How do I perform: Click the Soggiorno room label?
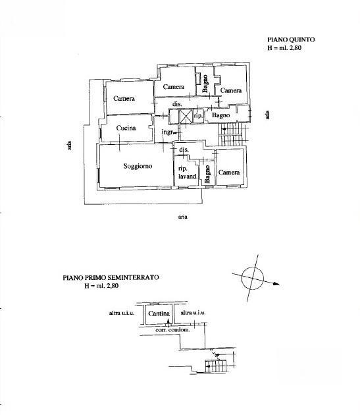point(138,166)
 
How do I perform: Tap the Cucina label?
point(126,128)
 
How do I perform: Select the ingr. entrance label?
point(167,132)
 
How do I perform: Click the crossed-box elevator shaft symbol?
point(186,117)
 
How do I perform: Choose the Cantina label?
point(159,314)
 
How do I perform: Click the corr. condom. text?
point(172,330)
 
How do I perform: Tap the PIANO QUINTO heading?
point(291,40)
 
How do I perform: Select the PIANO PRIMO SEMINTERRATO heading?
point(111,277)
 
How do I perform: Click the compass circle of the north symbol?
point(253,278)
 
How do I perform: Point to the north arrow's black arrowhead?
point(276,284)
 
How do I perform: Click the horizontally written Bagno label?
point(220,115)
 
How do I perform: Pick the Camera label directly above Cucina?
point(124,98)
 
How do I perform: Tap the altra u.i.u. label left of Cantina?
point(122,313)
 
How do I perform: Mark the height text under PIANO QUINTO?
point(284,48)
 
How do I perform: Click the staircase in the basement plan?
point(216,366)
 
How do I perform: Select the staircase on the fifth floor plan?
point(233,135)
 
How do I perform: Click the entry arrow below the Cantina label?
point(168,323)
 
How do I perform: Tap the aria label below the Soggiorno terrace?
point(182,217)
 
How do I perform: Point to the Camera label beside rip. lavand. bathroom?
point(229,173)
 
